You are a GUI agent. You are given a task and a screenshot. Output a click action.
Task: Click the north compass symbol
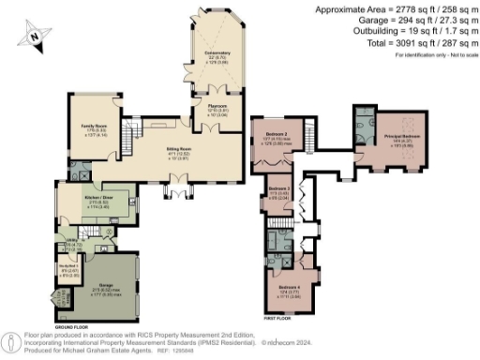tap(36, 36)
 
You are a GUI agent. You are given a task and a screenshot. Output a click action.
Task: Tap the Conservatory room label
tap(217, 55)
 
